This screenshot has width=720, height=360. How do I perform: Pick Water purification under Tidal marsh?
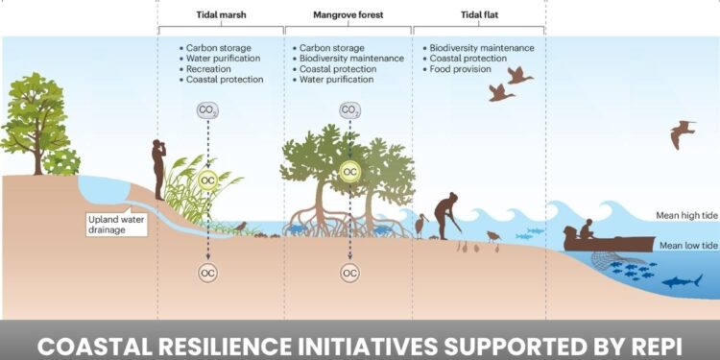223,58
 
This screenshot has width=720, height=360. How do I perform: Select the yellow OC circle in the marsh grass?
208,180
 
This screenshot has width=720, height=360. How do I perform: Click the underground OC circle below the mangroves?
350,273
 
